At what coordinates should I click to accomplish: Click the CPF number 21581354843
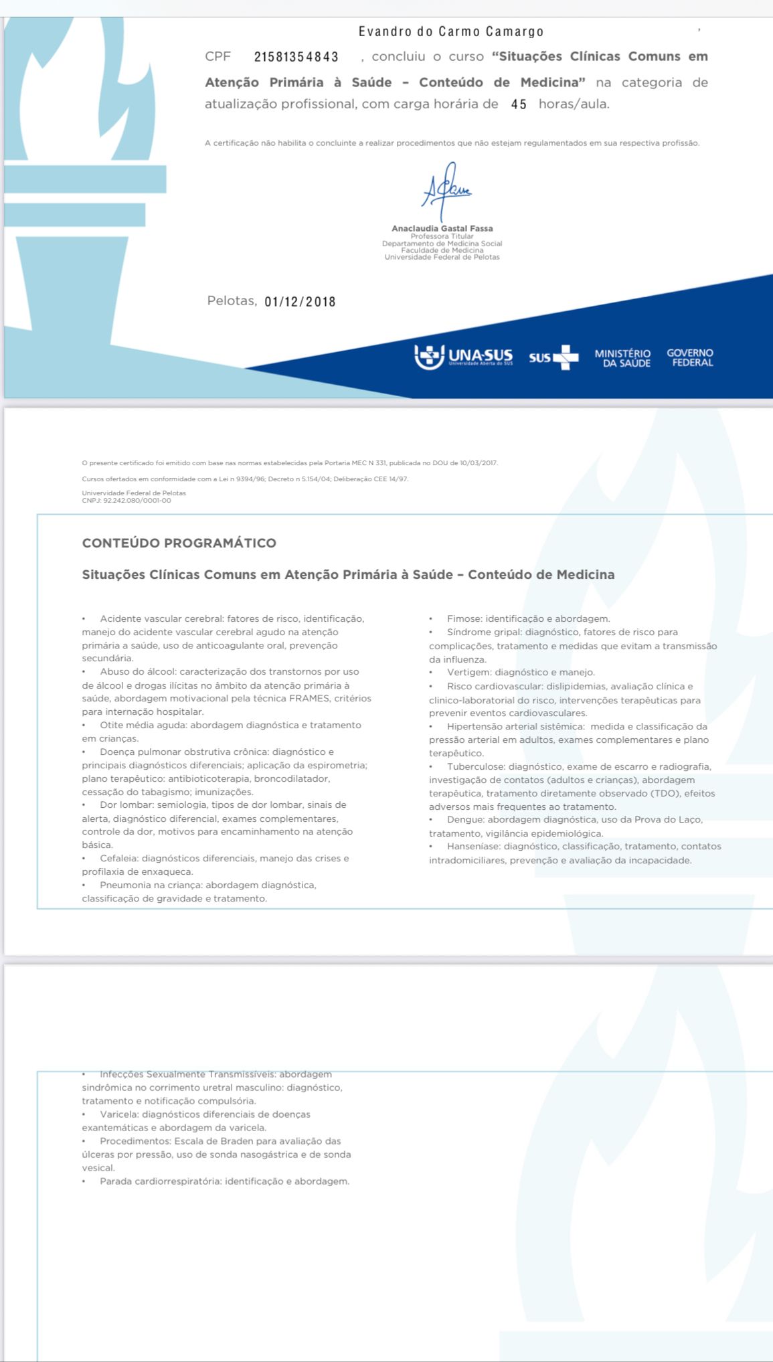pos(296,57)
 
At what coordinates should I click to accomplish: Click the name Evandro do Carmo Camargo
pos(450,31)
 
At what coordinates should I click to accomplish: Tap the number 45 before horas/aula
pos(519,104)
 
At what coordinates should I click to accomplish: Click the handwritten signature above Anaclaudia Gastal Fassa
pos(444,189)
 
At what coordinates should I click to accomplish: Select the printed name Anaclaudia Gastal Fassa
pos(442,228)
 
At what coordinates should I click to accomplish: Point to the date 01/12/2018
pos(300,302)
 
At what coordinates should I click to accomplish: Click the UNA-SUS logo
pos(463,356)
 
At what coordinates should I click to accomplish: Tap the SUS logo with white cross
pos(553,357)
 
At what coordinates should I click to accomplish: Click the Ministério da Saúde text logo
pos(622,358)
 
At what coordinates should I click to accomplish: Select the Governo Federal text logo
pos(690,357)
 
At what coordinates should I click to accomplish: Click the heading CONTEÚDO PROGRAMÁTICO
pos(179,543)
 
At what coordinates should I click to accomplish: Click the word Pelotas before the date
pos(231,301)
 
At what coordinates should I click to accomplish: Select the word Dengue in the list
pos(465,819)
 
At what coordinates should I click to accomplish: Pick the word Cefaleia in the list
pos(118,858)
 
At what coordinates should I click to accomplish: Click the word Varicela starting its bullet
pos(118,1114)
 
